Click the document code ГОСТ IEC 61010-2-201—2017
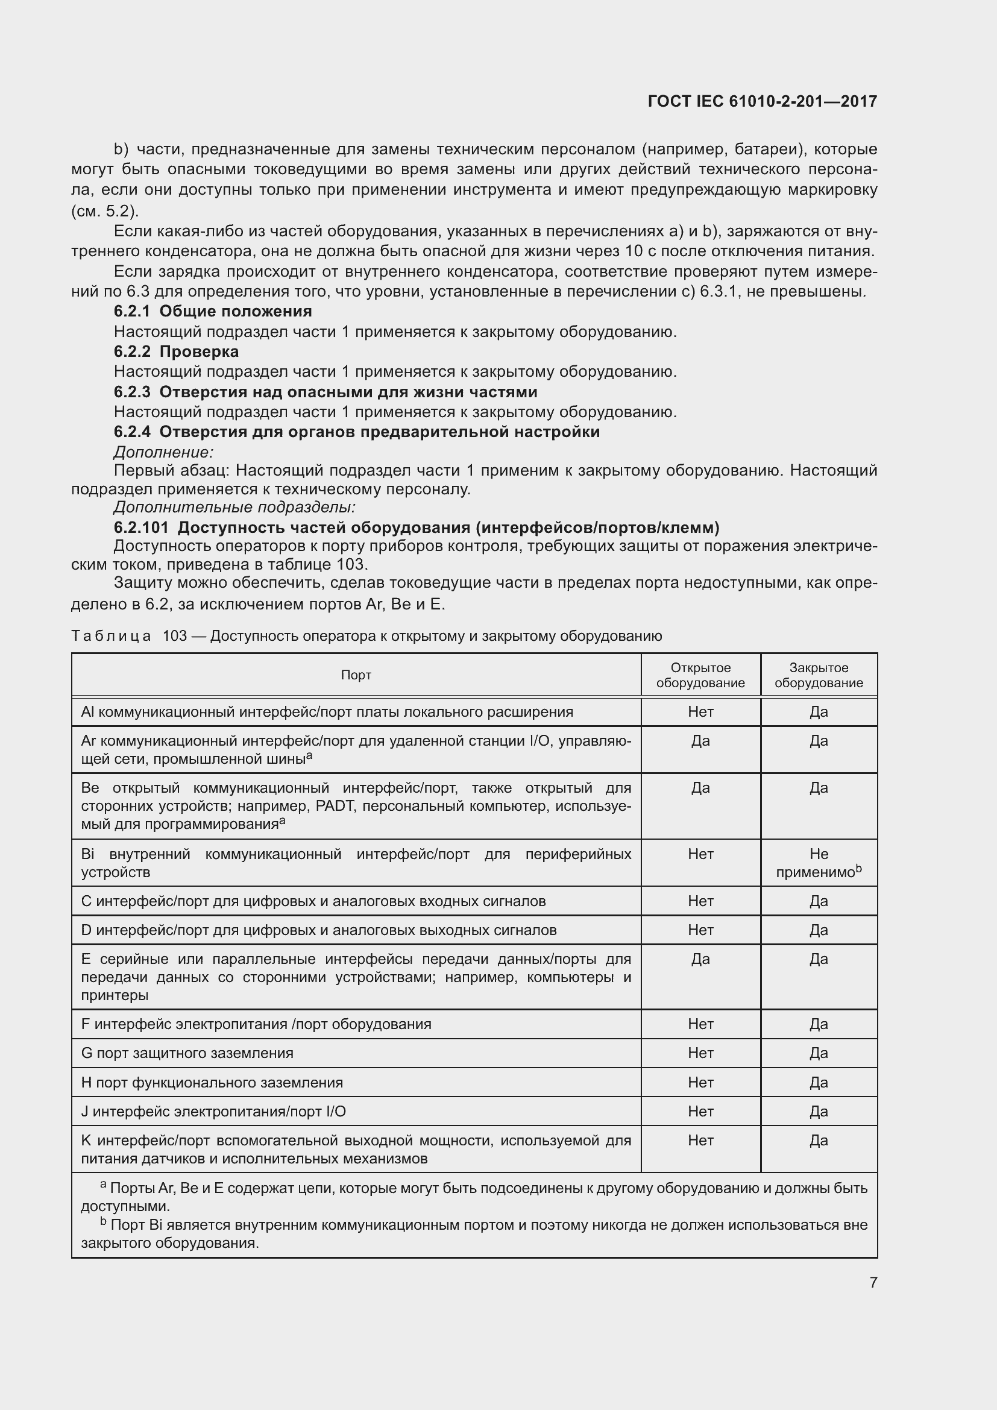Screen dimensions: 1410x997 (x=762, y=101)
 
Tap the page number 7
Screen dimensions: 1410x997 (x=873, y=1282)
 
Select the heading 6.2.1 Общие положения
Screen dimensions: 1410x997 (x=212, y=311)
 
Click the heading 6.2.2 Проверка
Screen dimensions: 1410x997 (x=176, y=352)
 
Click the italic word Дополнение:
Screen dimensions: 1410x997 (x=163, y=453)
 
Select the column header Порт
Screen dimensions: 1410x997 (x=356, y=675)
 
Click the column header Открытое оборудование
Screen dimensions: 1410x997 (x=700, y=675)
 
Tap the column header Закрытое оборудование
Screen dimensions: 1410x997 (x=819, y=675)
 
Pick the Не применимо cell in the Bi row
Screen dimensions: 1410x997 (x=819, y=863)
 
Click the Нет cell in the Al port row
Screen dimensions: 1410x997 (x=700, y=712)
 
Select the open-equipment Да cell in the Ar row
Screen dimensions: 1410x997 (x=700, y=741)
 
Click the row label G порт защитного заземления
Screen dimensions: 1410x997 (x=187, y=1053)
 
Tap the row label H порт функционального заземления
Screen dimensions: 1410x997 (x=212, y=1083)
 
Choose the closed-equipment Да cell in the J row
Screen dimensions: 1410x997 (x=819, y=1112)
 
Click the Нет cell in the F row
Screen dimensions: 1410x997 (x=700, y=1024)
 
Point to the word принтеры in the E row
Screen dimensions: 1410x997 (x=115, y=995)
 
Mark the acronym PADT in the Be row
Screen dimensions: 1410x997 (x=335, y=806)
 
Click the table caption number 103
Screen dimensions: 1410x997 (x=174, y=635)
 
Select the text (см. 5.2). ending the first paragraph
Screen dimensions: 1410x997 (x=105, y=211)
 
